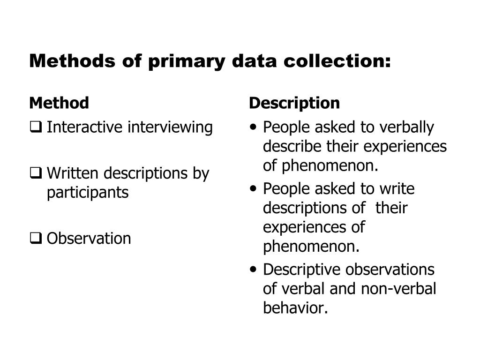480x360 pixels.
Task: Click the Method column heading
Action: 59,103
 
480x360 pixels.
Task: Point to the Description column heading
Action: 294,103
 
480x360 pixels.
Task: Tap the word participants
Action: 87,192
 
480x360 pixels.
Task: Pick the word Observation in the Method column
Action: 89,239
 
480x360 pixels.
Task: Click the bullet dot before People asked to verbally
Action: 254,127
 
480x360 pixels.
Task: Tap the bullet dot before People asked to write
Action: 254,189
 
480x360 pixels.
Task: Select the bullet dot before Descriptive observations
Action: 254,270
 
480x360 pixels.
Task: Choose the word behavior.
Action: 294,308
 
